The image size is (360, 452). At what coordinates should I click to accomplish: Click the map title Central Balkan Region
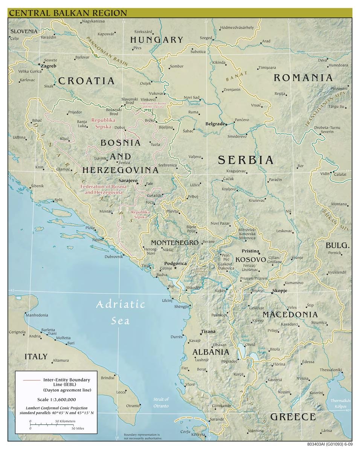pos(68,12)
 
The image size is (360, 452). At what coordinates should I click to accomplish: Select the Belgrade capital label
pos(215,124)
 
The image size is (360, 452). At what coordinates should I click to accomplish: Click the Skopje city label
pos(280,291)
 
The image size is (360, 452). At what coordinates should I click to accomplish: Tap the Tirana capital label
pos(208,331)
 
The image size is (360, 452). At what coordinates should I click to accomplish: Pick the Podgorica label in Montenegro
pos(175,264)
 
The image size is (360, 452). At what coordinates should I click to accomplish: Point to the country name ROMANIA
pos(303,78)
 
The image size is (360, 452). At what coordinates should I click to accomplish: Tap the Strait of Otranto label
pos(161,402)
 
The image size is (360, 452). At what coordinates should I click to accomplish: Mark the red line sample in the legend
pos(31,380)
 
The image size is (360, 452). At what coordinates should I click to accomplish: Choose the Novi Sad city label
pos(191,98)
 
